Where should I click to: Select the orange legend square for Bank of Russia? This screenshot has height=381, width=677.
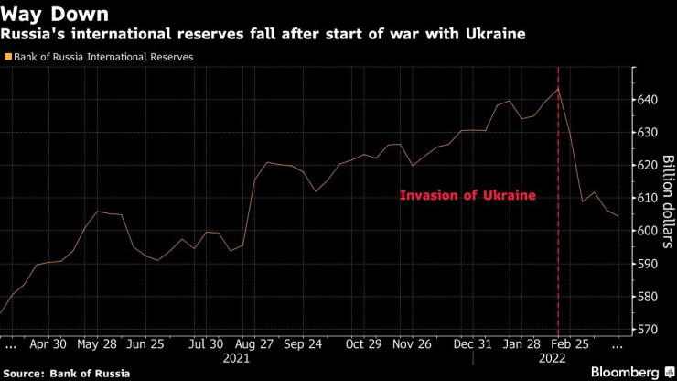[x=8, y=57]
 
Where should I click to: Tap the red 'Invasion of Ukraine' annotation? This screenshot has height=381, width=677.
[x=467, y=196]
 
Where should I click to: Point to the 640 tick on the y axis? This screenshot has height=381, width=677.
[x=647, y=100]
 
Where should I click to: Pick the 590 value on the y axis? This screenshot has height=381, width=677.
[x=647, y=264]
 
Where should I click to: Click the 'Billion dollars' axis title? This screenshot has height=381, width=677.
[x=668, y=198]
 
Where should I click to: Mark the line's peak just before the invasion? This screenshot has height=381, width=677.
[x=558, y=88]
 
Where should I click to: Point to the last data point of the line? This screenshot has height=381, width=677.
[x=618, y=216]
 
